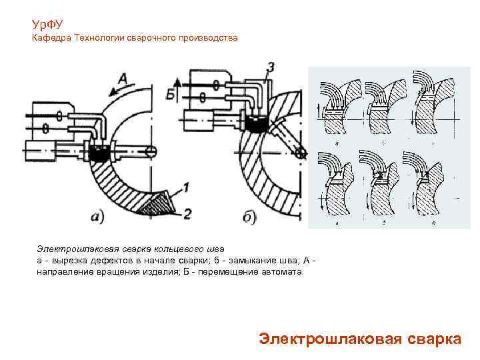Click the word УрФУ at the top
click(47, 24)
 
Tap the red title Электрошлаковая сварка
click(359, 338)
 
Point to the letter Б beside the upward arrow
click(171, 92)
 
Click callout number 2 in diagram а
click(187, 213)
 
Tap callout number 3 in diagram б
click(269, 67)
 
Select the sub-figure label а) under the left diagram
click(97, 215)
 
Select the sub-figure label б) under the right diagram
click(249, 217)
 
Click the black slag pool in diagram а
click(101, 155)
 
